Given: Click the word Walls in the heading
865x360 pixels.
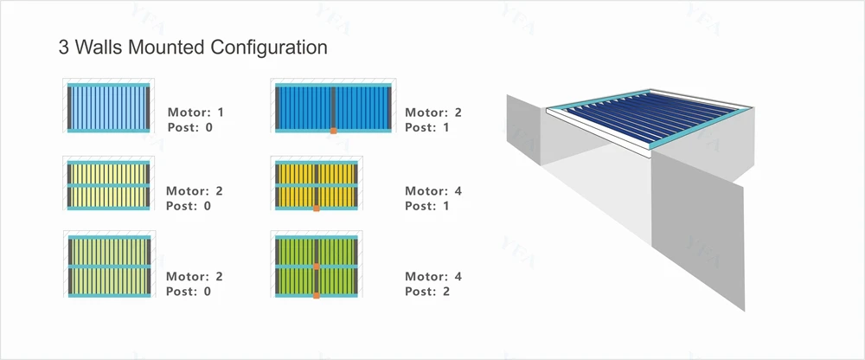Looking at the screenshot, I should pyautogui.click(x=98, y=48).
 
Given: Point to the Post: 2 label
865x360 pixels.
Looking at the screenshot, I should pyautogui.click(x=427, y=292).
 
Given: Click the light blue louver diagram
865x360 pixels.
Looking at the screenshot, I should pyautogui.click(x=110, y=107).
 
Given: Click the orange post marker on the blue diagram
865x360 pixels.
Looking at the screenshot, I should pyautogui.click(x=332, y=132).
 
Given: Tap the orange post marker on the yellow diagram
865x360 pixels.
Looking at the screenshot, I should pyautogui.click(x=317, y=209).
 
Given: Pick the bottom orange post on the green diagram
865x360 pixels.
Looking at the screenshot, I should pyautogui.click(x=317, y=296).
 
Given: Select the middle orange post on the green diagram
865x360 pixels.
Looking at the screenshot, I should pyautogui.click(x=317, y=267).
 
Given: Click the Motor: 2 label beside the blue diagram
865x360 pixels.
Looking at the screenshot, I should pyautogui.click(x=433, y=112).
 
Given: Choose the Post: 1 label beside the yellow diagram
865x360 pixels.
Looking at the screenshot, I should pyautogui.click(x=427, y=206).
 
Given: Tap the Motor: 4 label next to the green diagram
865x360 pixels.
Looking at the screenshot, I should pyautogui.click(x=433, y=277).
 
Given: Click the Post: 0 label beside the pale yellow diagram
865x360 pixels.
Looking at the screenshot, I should pyautogui.click(x=189, y=206).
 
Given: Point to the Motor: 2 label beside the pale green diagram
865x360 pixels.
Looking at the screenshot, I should pyautogui.click(x=195, y=277).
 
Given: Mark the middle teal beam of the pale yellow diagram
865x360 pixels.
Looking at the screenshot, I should pyautogui.click(x=110, y=185).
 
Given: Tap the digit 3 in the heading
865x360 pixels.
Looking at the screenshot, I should pyautogui.click(x=63, y=48).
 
